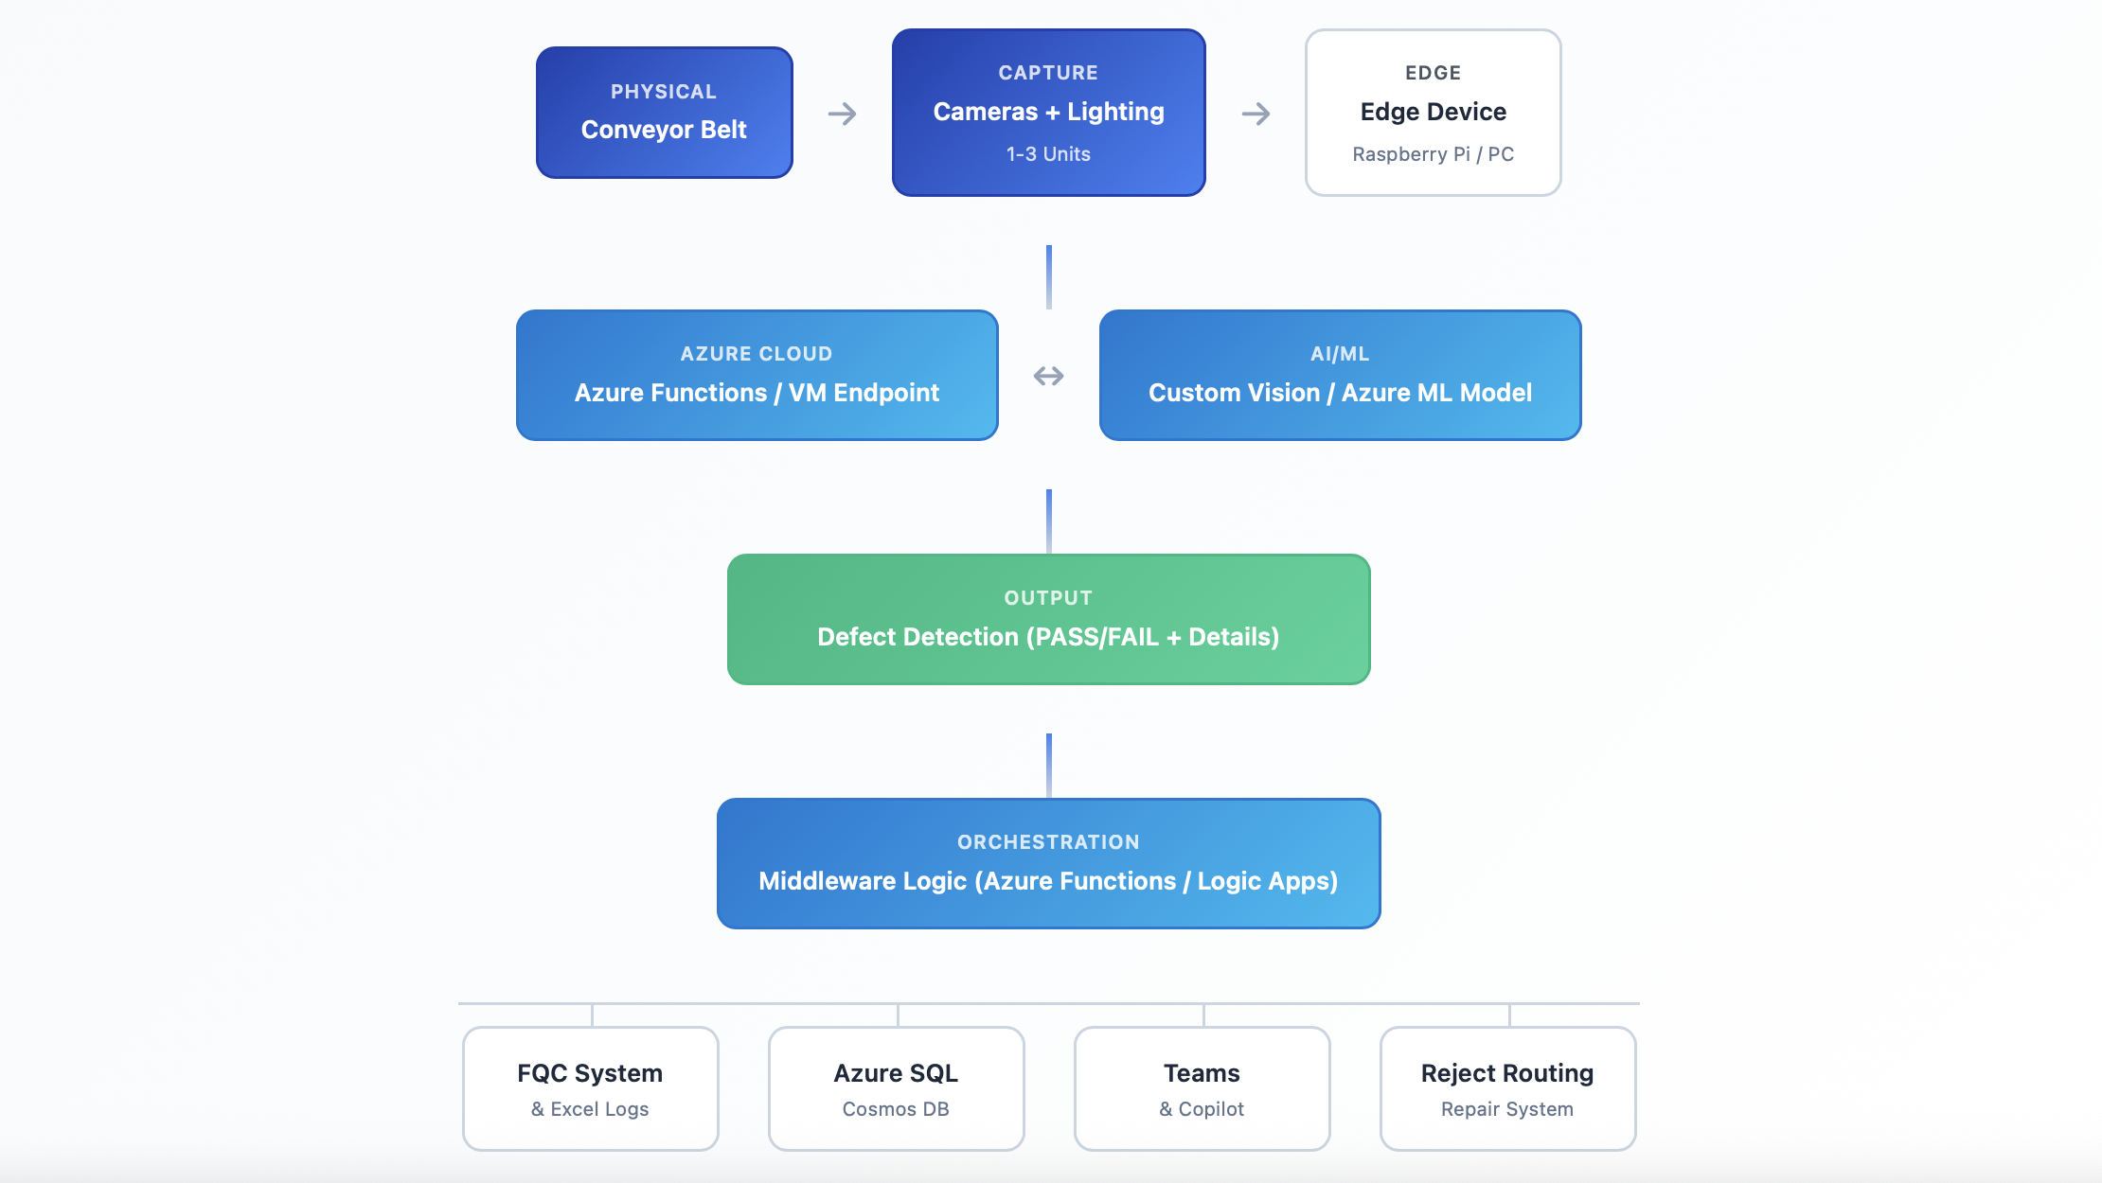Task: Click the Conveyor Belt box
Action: [664, 113]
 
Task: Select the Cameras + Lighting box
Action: [1048, 113]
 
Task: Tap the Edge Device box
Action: [1433, 113]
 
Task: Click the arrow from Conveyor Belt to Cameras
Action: [842, 115]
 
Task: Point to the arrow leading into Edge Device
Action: [1256, 115]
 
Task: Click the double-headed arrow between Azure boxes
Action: [1048, 377]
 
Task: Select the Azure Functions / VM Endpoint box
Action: [757, 375]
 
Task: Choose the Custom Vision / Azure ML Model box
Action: [1340, 375]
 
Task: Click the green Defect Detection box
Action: [1048, 619]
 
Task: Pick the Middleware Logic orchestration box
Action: [1048, 863]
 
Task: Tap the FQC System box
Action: [590, 1088]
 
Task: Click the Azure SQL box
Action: [896, 1088]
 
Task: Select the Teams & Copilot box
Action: [1202, 1088]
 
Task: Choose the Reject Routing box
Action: [1507, 1088]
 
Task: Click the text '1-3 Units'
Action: [1048, 154]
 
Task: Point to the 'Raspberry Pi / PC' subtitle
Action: [1433, 154]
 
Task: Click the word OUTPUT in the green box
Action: [1048, 598]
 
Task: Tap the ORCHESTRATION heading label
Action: [1048, 842]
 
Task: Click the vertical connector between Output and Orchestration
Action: [1048, 765]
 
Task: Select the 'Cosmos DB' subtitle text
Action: [896, 1109]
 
